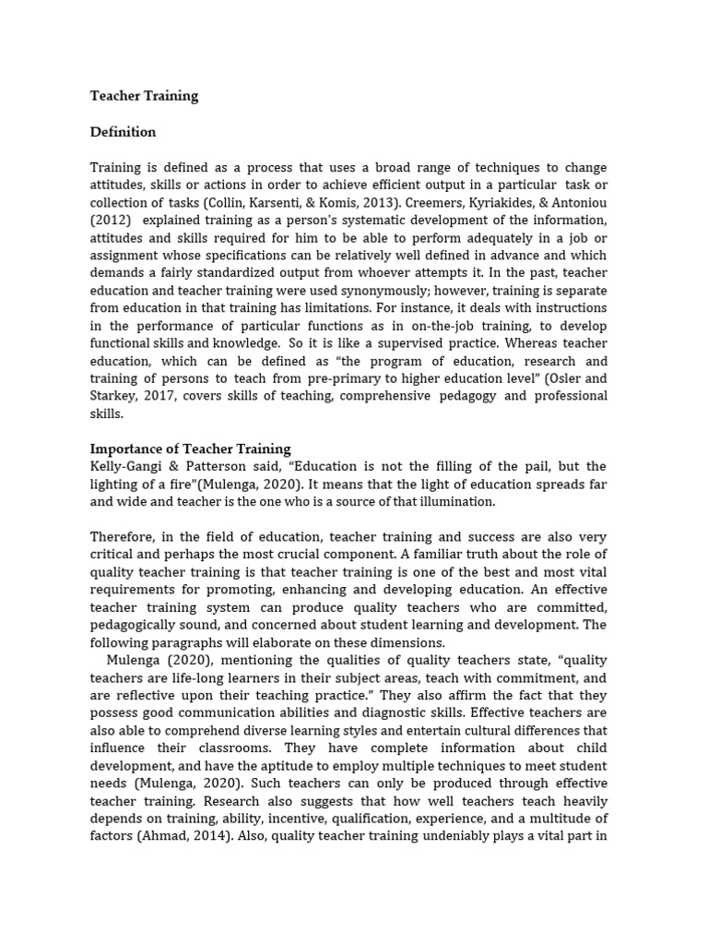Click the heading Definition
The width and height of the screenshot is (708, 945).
[123, 132]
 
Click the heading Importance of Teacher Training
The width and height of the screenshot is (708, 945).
[190, 449]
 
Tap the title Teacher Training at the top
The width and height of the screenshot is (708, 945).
[144, 96]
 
